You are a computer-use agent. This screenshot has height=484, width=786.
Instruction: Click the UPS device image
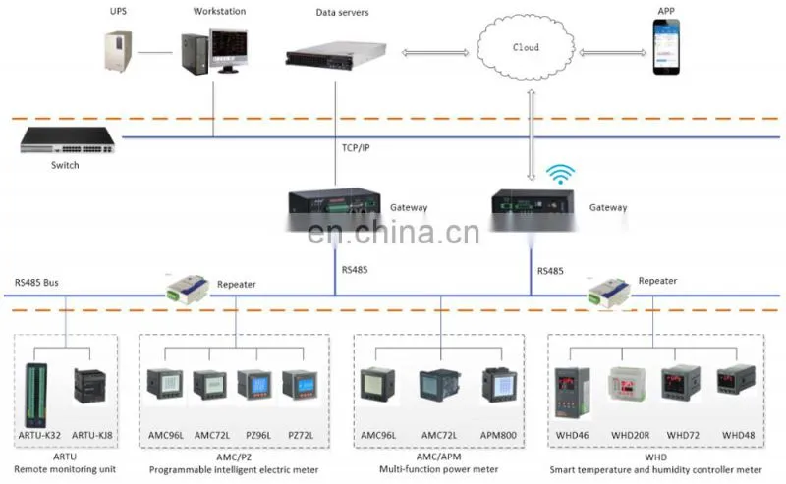pyautogui.click(x=118, y=51)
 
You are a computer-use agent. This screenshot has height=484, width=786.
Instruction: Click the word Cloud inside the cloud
pyautogui.click(x=526, y=47)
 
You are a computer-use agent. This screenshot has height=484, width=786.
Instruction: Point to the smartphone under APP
pyautogui.click(x=666, y=47)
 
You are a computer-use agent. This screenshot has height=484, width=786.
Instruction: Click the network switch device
pyautogui.click(x=67, y=140)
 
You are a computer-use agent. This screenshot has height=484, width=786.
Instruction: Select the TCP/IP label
pyautogui.click(x=356, y=148)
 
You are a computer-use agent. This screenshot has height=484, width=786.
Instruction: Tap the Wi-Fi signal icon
pyautogui.click(x=560, y=174)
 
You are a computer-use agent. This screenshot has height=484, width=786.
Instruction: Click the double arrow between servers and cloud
pyautogui.click(x=435, y=53)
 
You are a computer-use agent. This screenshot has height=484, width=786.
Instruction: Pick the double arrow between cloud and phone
pyautogui.click(x=612, y=53)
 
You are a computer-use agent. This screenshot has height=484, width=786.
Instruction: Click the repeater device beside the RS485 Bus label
pyautogui.click(x=188, y=289)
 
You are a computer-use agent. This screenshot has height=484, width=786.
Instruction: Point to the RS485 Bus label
pyautogui.click(x=36, y=283)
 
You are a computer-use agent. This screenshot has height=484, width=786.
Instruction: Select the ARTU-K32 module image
pyautogui.click(x=36, y=396)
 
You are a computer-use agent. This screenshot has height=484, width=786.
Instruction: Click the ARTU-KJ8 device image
pyautogui.click(x=89, y=385)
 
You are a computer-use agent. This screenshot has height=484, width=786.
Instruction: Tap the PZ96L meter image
pyautogui.click(x=254, y=385)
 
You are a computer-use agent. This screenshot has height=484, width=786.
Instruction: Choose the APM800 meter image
pyautogui.click(x=499, y=386)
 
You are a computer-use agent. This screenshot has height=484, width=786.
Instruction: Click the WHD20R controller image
pyautogui.click(x=627, y=384)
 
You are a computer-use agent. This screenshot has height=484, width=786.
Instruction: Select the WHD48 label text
pyautogui.click(x=738, y=435)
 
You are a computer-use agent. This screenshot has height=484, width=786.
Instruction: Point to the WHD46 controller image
pyautogui.click(x=573, y=394)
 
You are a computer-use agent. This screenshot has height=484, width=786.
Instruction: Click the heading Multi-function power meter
pyautogui.click(x=438, y=469)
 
